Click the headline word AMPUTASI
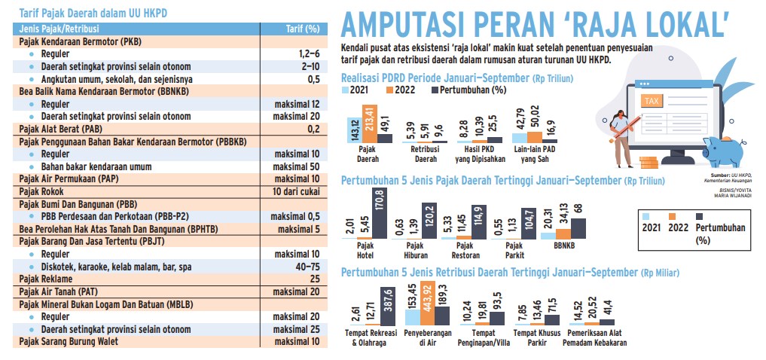[x=407, y=23]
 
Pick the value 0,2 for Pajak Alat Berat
[x=313, y=129]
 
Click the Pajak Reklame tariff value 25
[x=314, y=278]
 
